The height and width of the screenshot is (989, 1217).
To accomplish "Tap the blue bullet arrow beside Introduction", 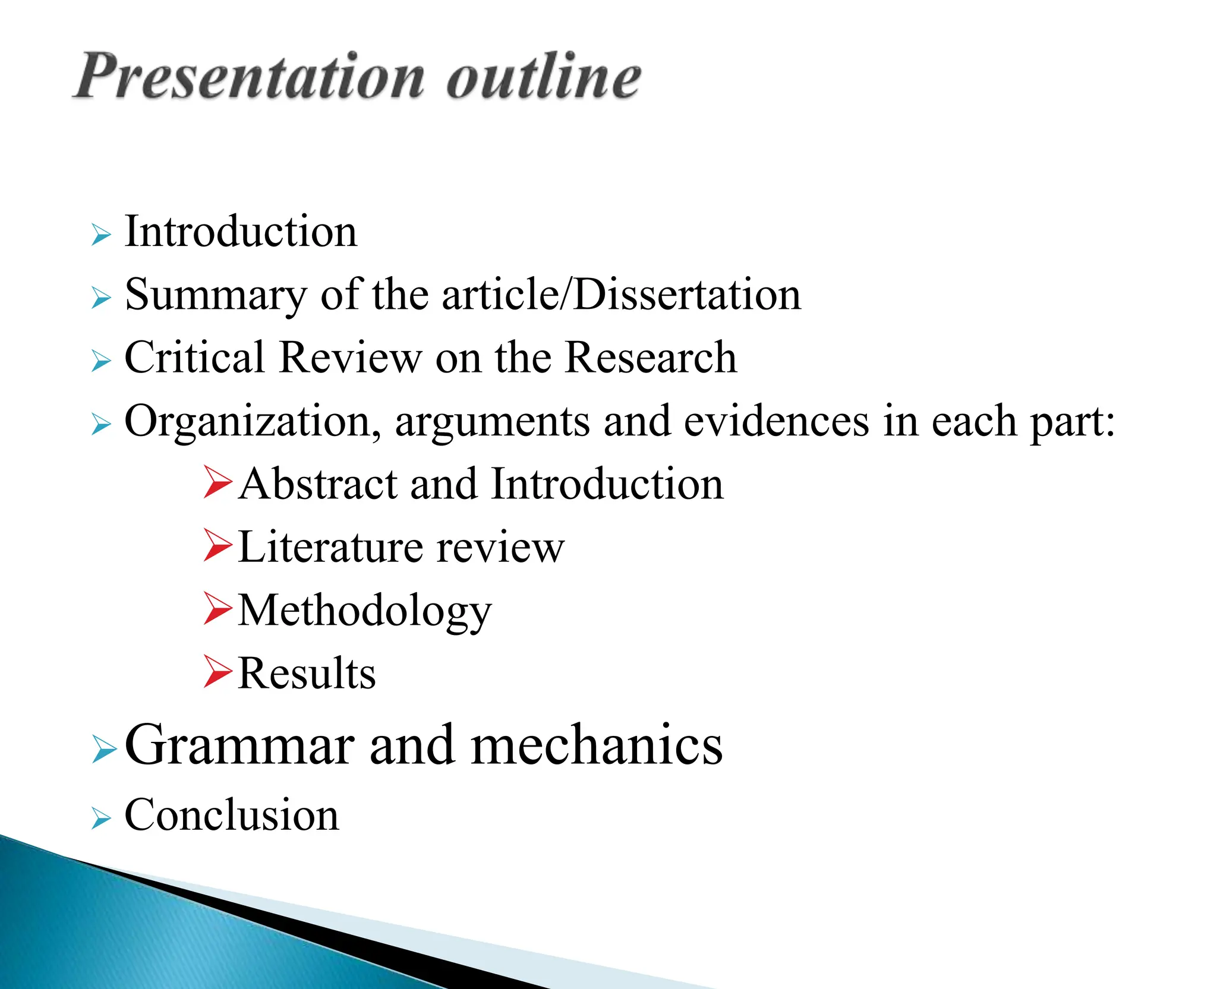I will pyautogui.click(x=102, y=235).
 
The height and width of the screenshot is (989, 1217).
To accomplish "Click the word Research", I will pyautogui.click(x=651, y=358).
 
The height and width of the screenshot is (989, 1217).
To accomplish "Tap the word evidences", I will pyautogui.click(x=776, y=422).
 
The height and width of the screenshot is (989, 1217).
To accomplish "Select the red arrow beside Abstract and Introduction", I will pyautogui.click(x=217, y=482).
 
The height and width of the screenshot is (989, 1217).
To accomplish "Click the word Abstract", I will pyautogui.click(x=318, y=484).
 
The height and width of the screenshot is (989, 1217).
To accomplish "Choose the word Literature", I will pyautogui.click(x=330, y=547).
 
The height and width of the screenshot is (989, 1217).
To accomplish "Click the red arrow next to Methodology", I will pyautogui.click(x=217, y=608).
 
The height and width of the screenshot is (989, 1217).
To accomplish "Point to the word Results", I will pyautogui.click(x=307, y=674).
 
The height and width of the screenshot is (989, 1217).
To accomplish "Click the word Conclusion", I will pyautogui.click(x=232, y=815).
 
